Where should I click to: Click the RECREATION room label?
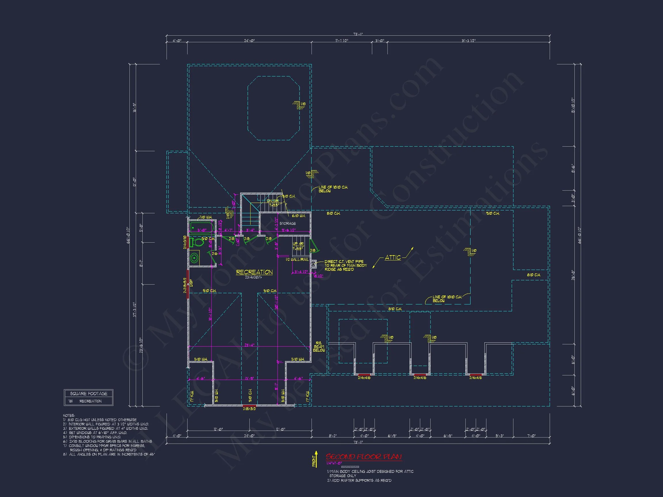[x=254, y=272]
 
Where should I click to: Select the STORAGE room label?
[x=287, y=223]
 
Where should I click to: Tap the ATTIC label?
[x=393, y=257]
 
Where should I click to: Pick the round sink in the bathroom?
[x=194, y=258]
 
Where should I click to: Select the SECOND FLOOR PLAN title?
[x=364, y=457]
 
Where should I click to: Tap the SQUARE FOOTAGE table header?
[x=88, y=394]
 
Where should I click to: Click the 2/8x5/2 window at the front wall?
[x=249, y=406]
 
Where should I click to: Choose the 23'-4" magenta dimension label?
[x=249, y=345]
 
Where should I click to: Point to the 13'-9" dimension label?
[x=249, y=378]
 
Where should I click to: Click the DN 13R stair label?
[x=273, y=201]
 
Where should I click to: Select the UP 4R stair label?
[x=298, y=244]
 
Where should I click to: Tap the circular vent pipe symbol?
[x=313, y=264]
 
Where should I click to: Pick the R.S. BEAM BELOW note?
[x=319, y=347]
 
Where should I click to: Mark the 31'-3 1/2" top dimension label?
[x=468, y=41]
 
